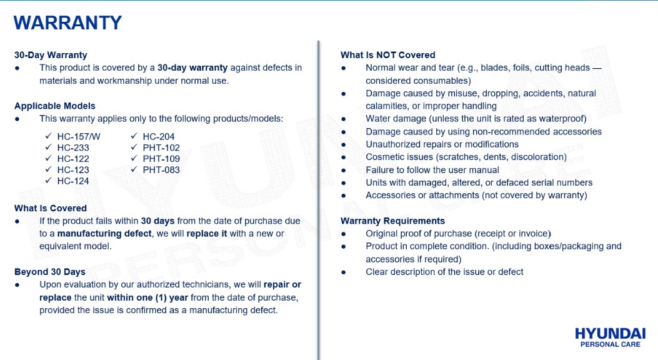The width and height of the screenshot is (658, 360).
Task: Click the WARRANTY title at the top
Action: pyautogui.click(x=67, y=23)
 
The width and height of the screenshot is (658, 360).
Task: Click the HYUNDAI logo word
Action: pyautogui.click(x=610, y=333)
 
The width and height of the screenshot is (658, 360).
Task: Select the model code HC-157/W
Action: pyautogui.click(x=78, y=136)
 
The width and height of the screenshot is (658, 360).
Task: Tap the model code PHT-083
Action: pyautogui.click(x=161, y=170)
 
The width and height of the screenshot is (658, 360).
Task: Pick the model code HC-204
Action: pyautogui.click(x=159, y=136)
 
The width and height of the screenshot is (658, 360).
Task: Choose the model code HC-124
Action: pyautogui.click(x=73, y=181)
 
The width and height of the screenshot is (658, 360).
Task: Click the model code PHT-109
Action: pyautogui.click(x=161, y=159)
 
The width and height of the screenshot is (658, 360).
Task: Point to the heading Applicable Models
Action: pyautogui.click(x=55, y=106)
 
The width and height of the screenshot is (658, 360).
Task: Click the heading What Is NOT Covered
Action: pyautogui.click(x=387, y=55)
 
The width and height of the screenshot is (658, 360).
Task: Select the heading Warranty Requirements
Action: pyautogui.click(x=392, y=221)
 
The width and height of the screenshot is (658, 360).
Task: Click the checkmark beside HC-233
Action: pyautogui.click(x=49, y=147)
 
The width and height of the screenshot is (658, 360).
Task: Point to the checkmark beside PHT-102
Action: pyautogui.click(x=134, y=147)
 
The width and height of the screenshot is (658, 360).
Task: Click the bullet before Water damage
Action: pyautogui.click(x=344, y=119)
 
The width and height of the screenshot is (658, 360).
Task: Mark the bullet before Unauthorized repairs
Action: pyautogui.click(x=344, y=144)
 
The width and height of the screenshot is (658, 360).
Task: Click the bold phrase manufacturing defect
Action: pyautogui.click(x=104, y=233)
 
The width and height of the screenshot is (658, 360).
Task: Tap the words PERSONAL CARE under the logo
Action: pyautogui.click(x=610, y=344)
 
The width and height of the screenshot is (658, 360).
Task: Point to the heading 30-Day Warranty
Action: pyautogui.click(x=51, y=55)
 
